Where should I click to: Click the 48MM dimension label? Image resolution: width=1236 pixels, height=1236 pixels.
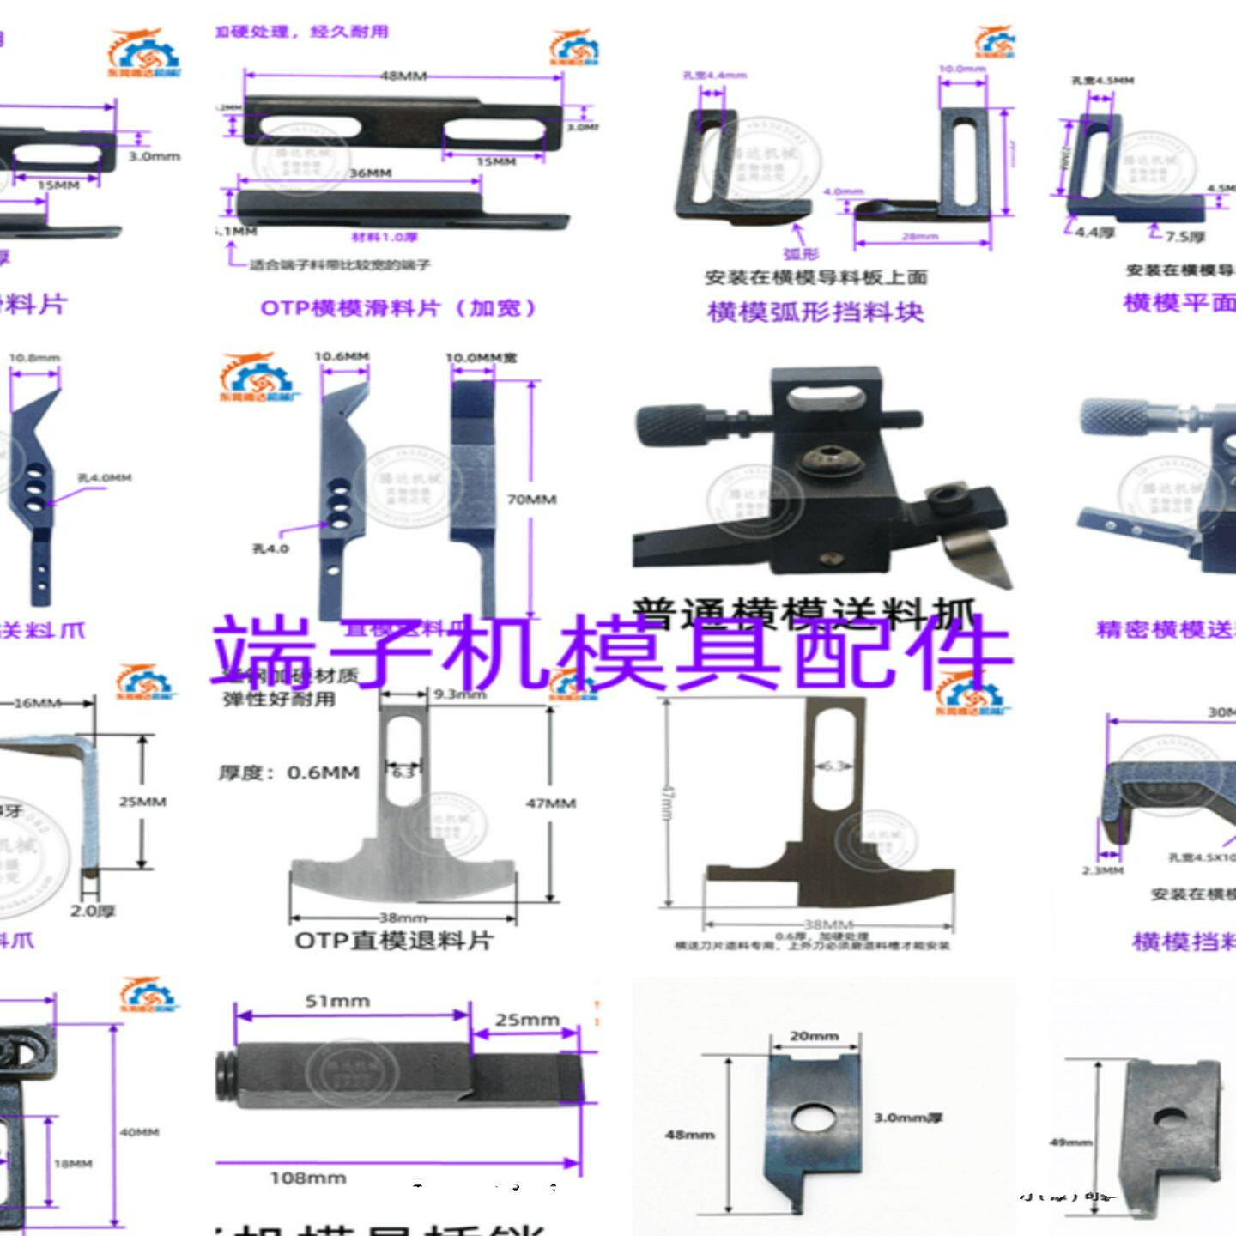403,76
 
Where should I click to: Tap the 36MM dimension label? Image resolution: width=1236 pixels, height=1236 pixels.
370,173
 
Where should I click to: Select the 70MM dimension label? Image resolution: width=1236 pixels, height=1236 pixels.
531,500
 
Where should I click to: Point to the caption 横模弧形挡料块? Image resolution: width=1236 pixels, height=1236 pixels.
815,312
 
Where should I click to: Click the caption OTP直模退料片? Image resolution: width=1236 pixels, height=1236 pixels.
394,941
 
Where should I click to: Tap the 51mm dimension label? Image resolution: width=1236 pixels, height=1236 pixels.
337,1002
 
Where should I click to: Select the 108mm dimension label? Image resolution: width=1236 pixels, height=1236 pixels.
308,1178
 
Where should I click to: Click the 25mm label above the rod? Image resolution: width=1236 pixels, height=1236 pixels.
526,1021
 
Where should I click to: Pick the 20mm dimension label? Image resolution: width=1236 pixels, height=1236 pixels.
814,1037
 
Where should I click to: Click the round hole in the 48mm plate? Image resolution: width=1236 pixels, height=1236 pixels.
811,1118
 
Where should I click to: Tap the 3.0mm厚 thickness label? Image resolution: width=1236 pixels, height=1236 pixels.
908,1118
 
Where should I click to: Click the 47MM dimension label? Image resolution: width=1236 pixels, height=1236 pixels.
550,803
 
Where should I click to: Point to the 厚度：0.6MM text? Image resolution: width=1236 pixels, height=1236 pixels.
288,773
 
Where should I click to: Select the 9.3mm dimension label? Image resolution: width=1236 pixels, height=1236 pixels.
461,694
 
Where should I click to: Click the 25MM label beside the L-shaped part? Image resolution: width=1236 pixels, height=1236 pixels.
142,802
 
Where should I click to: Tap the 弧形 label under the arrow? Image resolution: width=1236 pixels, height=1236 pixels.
801,254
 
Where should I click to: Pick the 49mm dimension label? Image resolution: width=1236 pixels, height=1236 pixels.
1070,1142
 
